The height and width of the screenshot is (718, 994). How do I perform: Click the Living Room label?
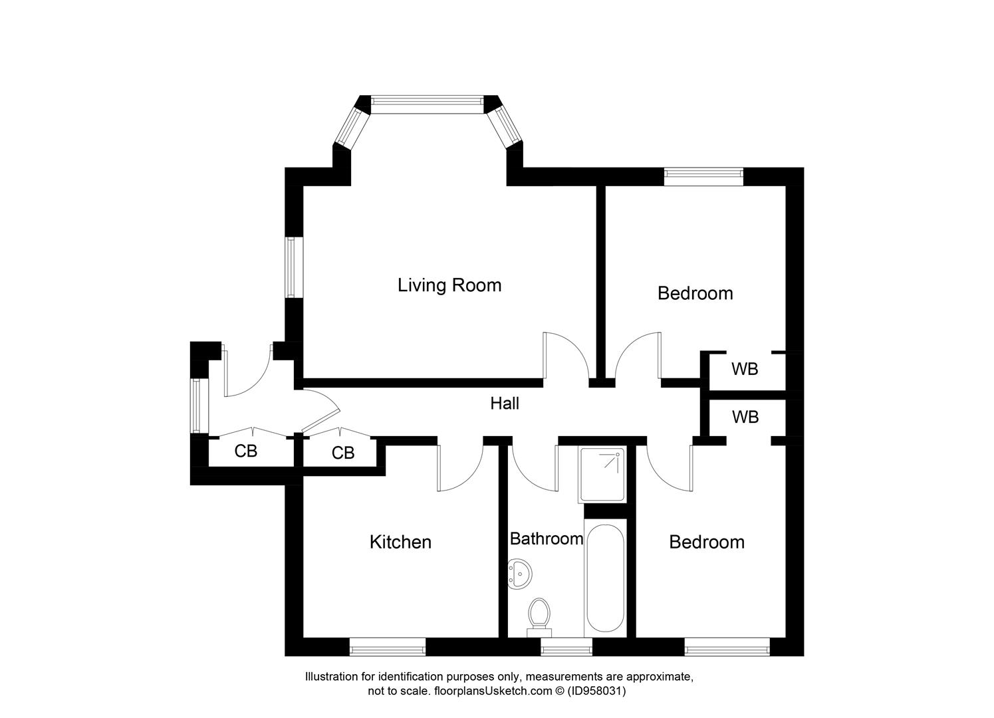point(449,285)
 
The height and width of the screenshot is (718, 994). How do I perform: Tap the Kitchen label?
point(400,542)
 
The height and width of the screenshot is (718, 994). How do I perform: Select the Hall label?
point(505,404)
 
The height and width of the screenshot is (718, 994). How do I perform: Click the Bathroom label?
point(546,538)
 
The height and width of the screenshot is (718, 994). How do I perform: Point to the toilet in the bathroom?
point(539,615)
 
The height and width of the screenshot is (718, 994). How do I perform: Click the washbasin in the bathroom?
point(519,572)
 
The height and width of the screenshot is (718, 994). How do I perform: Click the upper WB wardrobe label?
point(745,369)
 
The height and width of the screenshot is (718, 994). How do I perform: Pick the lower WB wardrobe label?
point(745,418)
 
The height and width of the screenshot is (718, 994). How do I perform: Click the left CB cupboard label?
point(245,451)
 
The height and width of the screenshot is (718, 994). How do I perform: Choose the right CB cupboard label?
point(343,453)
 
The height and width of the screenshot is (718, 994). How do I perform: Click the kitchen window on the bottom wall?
point(388,646)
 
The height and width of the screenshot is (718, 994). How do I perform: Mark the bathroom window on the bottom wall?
point(566,646)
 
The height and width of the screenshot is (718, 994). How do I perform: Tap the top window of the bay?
point(426,101)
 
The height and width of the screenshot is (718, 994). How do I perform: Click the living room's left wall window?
point(291,267)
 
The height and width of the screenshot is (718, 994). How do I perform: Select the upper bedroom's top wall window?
point(703,176)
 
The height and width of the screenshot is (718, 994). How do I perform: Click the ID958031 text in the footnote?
point(596,691)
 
